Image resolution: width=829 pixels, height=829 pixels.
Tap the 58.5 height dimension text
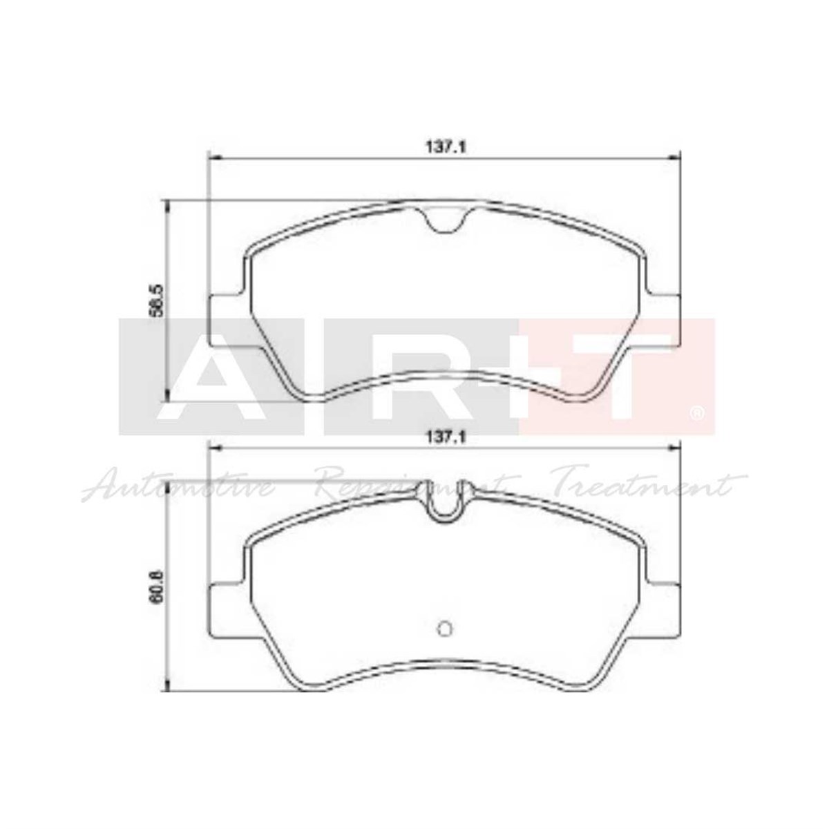click(x=155, y=300)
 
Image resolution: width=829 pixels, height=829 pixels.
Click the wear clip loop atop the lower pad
click(x=444, y=502)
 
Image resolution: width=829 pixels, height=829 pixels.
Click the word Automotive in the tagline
click(x=176, y=487)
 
